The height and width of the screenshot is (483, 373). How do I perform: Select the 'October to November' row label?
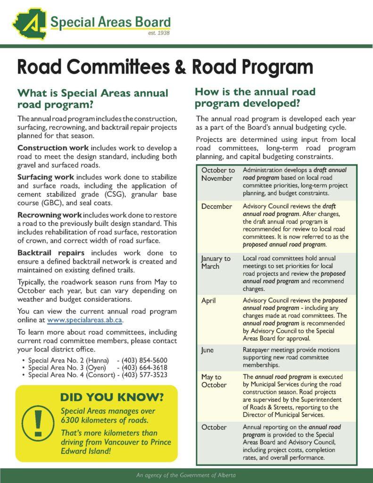point(217,174)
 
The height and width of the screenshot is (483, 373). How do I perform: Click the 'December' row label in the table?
point(216,207)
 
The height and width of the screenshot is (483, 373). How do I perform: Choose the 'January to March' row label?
point(216,262)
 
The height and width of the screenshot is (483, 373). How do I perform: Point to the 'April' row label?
point(208,300)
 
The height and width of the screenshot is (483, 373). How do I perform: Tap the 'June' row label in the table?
point(207,350)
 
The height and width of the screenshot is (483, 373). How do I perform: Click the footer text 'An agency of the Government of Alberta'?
point(186,475)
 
